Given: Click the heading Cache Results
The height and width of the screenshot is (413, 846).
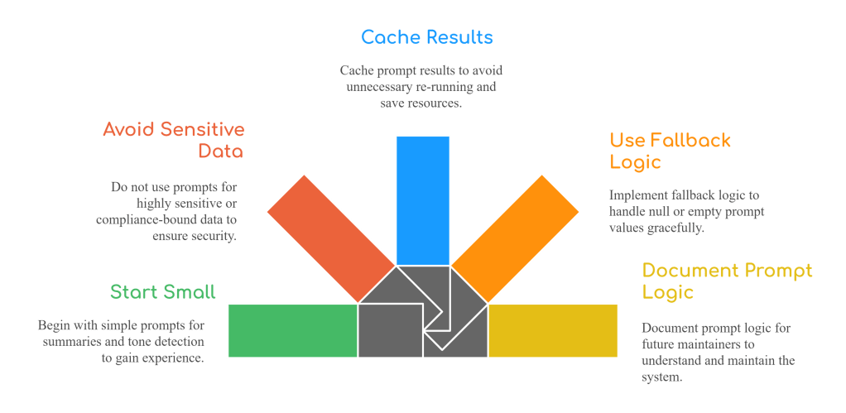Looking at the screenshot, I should [426, 37].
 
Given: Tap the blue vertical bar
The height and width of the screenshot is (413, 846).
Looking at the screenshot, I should [422, 199].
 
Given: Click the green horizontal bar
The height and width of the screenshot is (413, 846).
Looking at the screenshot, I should [291, 330].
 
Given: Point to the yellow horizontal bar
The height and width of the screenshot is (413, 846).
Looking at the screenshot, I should [553, 330].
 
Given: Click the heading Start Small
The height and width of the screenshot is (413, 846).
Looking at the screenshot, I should [162, 292].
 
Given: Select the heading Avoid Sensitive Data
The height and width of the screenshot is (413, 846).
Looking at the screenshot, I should [175, 141].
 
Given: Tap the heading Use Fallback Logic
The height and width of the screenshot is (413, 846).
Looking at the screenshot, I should [670, 151].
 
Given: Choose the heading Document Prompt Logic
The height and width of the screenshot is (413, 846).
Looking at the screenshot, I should [727, 281].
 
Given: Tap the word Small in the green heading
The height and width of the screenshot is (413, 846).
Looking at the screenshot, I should [189, 292].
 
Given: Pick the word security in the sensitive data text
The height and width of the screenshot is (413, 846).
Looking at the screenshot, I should [210, 236].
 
